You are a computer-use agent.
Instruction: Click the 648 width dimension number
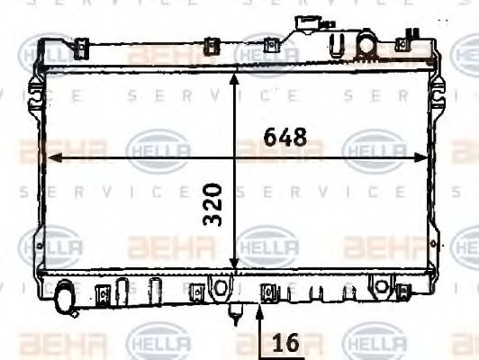point(285,138)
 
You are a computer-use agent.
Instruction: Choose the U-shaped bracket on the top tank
point(338,43)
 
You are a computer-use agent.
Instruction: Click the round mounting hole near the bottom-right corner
point(382,287)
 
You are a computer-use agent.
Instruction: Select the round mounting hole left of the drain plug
point(217,286)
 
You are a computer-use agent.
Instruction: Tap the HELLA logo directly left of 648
point(158,150)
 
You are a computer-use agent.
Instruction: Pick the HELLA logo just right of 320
point(267,245)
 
